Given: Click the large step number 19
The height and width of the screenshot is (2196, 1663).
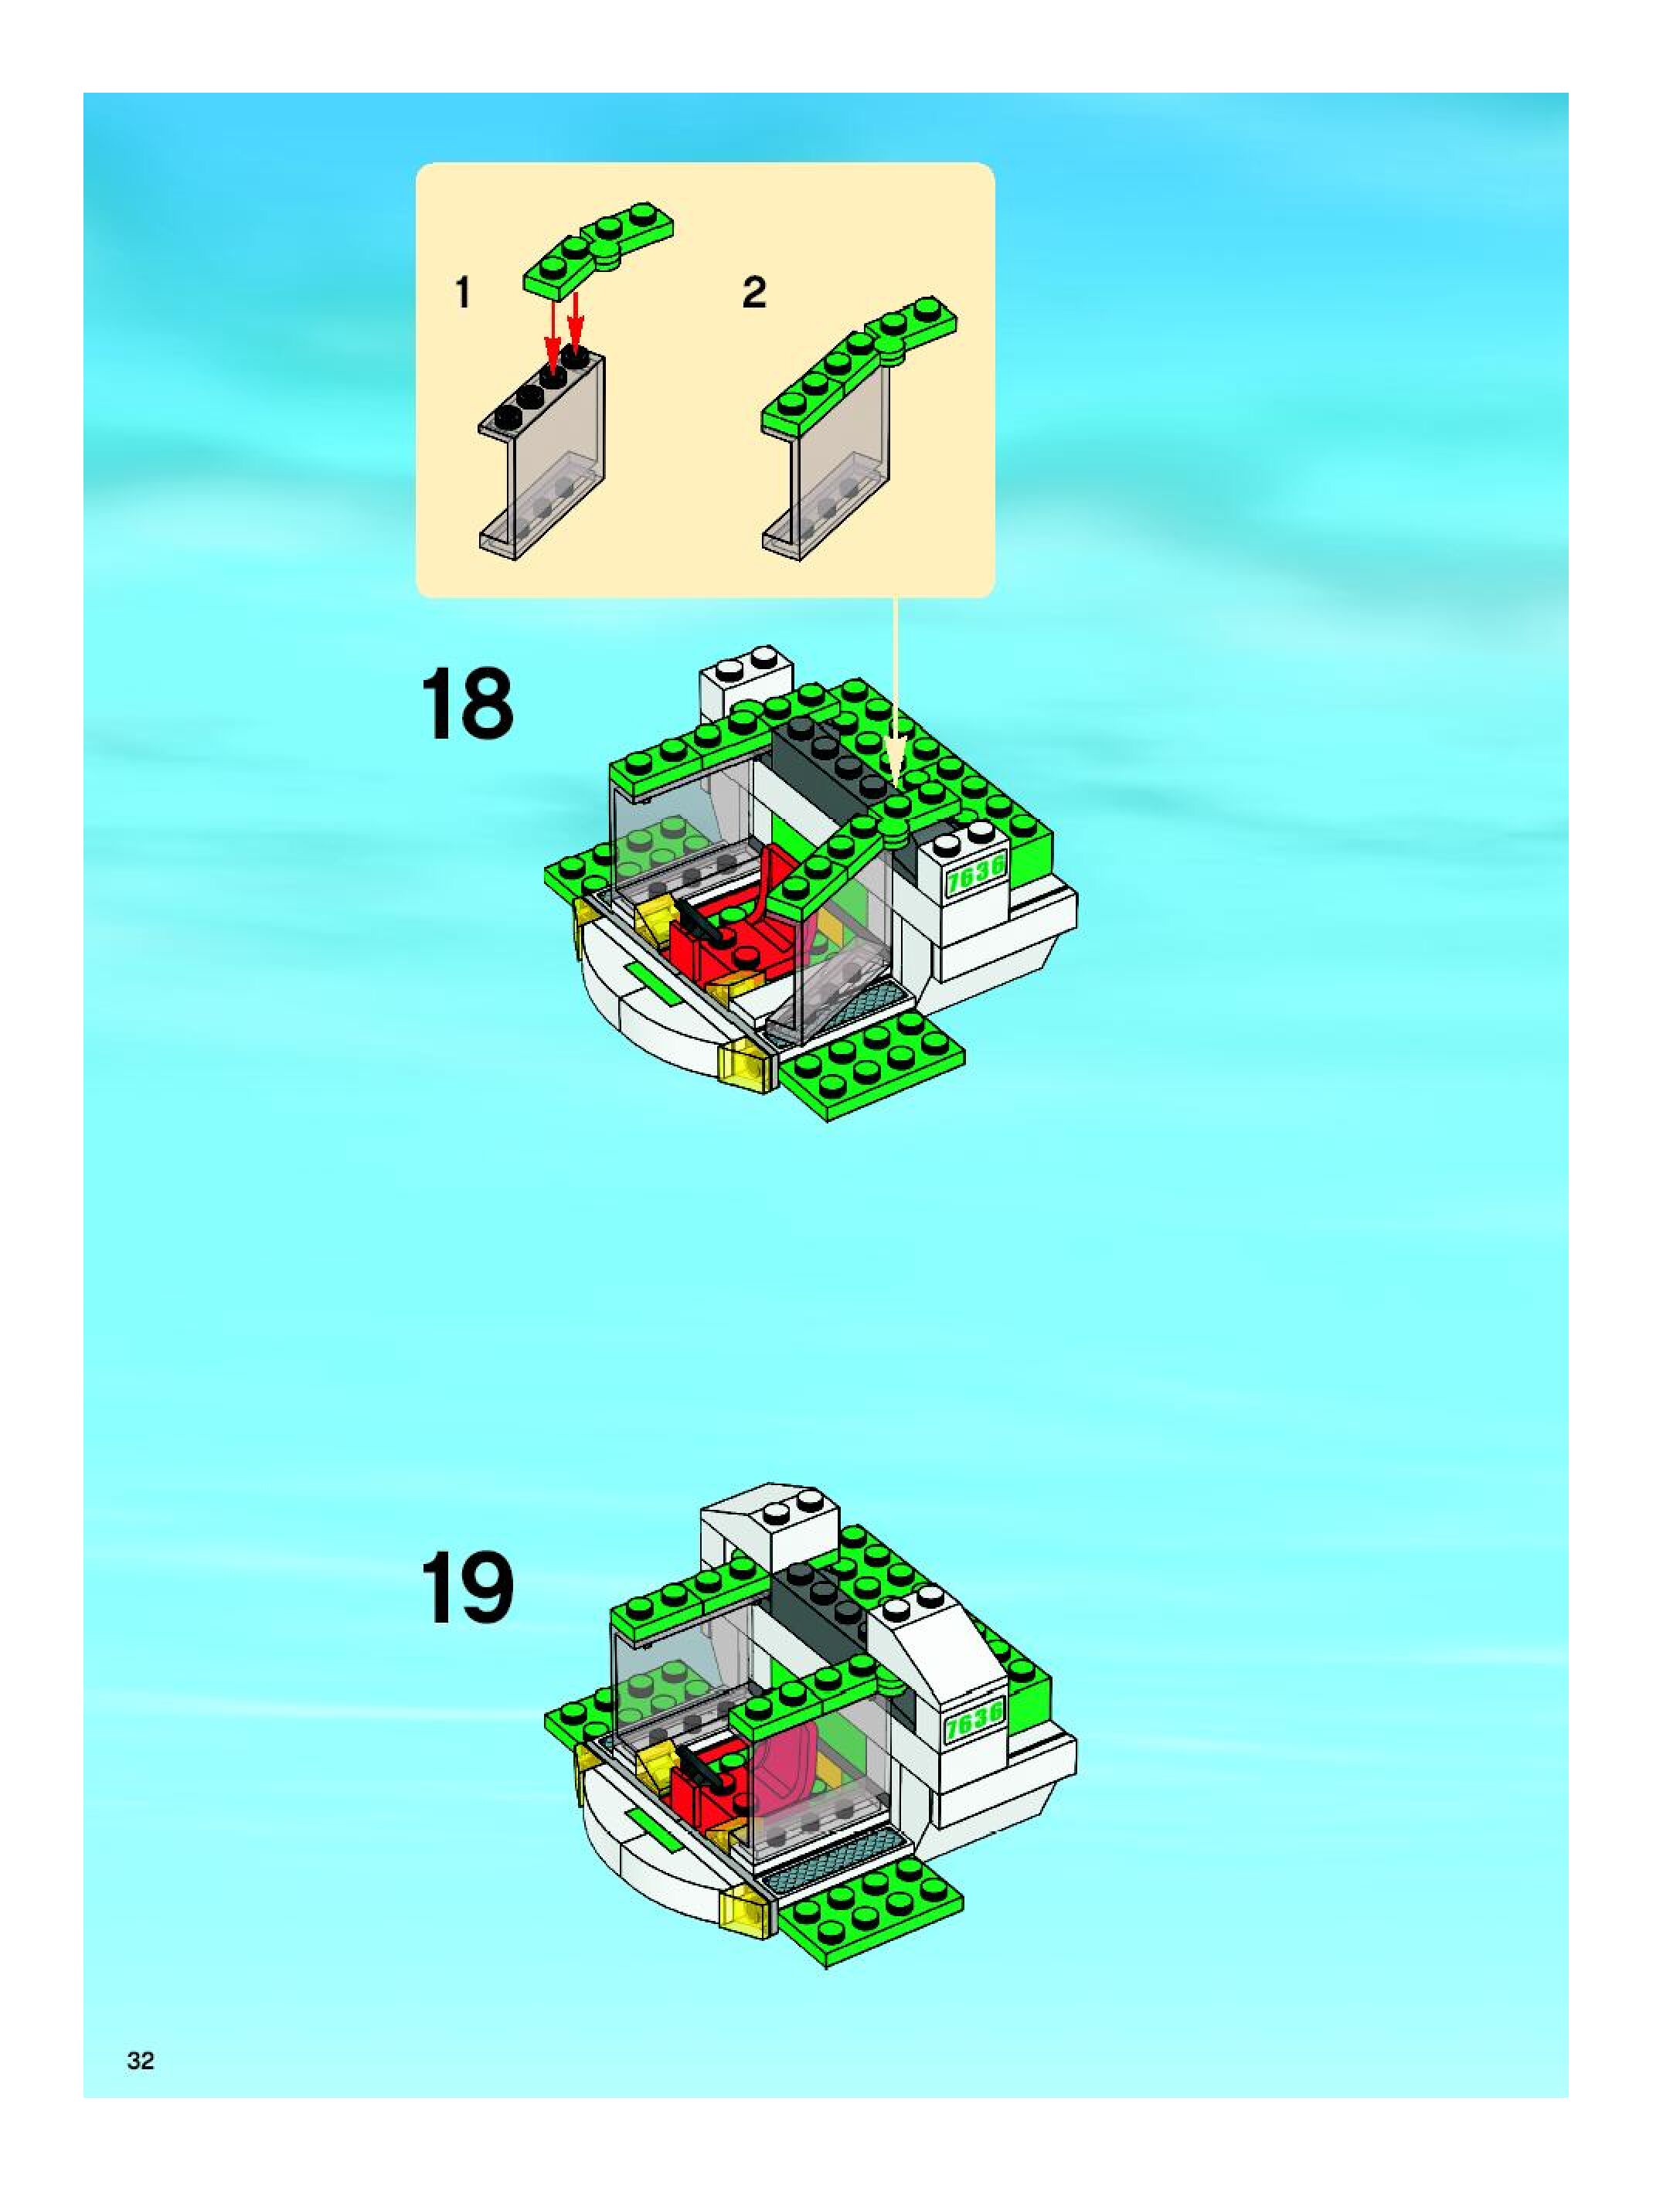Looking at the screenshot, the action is coord(468,1587).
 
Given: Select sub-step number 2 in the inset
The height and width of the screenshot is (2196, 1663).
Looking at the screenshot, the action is coord(754,293).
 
